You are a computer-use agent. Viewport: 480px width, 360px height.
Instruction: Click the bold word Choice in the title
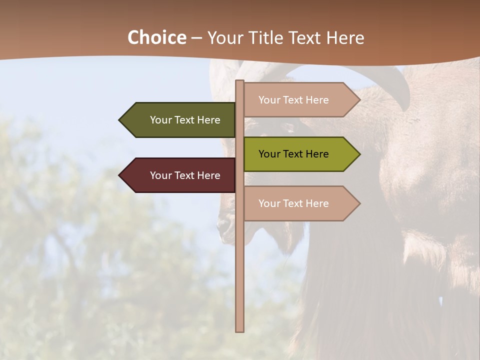click(x=156, y=38)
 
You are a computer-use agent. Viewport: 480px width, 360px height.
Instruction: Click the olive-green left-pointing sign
click(x=180, y=120)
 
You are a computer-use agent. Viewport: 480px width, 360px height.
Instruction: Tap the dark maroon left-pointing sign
click(x=180, y=175)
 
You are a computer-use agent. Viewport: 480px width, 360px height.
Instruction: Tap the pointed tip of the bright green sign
click(x=359, y=154)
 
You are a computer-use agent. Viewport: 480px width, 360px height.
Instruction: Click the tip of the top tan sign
click(x=359, y=100)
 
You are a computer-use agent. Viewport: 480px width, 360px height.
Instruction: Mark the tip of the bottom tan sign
click(x=359, y=203)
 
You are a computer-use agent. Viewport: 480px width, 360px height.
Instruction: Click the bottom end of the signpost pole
click(x=239, y=330)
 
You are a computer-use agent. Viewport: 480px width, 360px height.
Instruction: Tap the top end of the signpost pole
click(x=239, y=81)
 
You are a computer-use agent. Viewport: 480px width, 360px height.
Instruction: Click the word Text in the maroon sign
click(x=185, y=175)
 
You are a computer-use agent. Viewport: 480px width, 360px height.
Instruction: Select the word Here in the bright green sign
click(x=317, y=154)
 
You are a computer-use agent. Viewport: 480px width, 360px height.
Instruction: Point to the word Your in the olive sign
click(x=160, y=120)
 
